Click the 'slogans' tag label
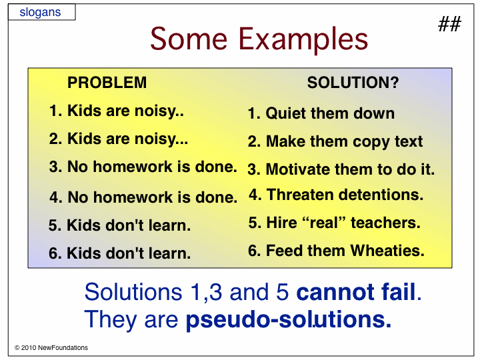pos(40,12)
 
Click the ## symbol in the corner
pos(449,24)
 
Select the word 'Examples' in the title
pos(303,39)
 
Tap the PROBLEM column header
pos(107,83)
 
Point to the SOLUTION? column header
pos(353,83)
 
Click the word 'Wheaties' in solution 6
pos(387,251)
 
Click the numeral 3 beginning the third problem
pos(53,167)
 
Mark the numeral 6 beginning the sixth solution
pos(253,251)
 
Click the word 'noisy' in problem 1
pos(155,111)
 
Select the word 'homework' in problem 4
pos(133,197)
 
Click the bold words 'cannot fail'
pos(356,292)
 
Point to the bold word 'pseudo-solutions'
pos(288,320)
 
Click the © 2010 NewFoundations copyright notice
pos(51,347)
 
